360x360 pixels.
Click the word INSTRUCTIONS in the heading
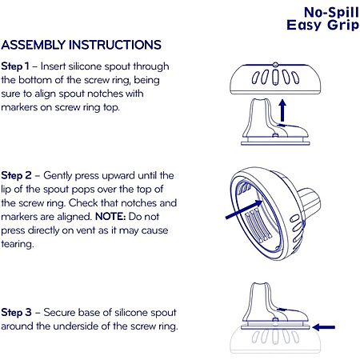click(x=115, y=45)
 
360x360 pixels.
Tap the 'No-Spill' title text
click(x=331, y=12)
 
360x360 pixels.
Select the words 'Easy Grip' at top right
click(x=322, y=26)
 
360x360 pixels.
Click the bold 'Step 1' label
click(x=14, y=66)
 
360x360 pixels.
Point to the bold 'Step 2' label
click(x=16, y=176)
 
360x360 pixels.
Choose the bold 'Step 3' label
click(x=16, y=313)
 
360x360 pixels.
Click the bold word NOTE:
click(x=110, y=216)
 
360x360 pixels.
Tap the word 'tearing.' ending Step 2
click(x=18, y=244)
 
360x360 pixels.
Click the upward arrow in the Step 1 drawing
click(x=282, y=110)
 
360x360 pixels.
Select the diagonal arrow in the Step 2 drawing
click(x=244, y=210)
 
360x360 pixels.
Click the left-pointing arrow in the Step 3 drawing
click(x=324, y=327)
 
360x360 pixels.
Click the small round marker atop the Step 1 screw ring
click(x=275, y=65)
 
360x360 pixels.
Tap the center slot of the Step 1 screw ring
click(x=275, y=77)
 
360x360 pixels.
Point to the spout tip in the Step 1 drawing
click(x=260, y=100)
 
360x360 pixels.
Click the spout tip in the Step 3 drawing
click(x=260, y=284)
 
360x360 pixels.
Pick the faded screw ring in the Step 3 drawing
click(x=275, y=342)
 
